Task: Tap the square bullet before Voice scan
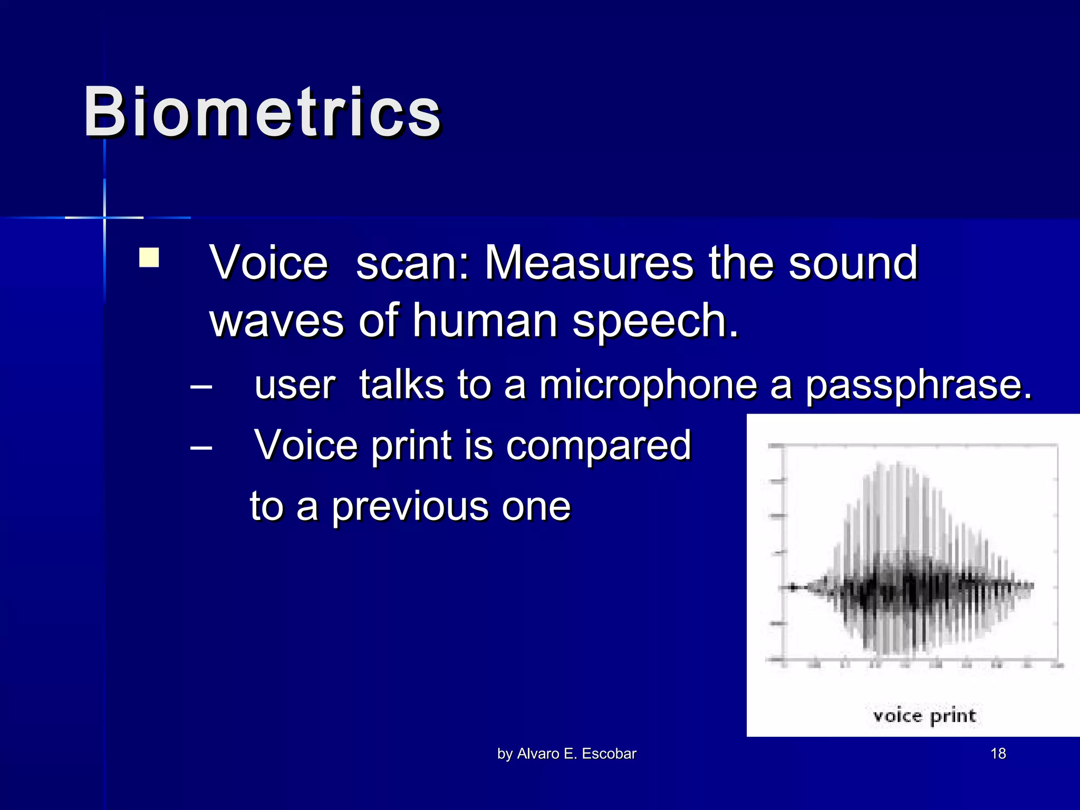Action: coord(149,258)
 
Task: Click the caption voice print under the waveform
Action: coord(924,716)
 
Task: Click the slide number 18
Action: coord(998,754)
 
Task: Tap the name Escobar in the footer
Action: coord(609,754)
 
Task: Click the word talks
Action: coord(402,385)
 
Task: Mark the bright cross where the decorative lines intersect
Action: coord(104,217)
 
